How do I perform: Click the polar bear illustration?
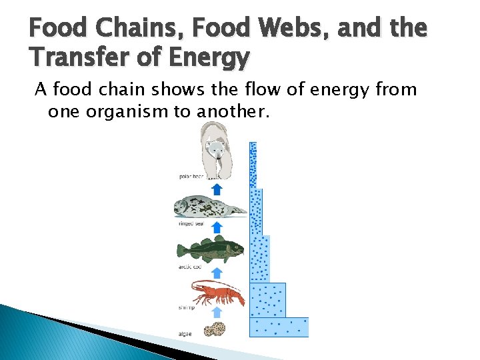coord(217,151)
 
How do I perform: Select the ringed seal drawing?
coord(209,207)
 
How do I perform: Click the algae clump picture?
coord(214,329)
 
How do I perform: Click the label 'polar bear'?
coord(191,177)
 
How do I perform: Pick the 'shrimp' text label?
coord(187,308)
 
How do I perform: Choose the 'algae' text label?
coord(186,333)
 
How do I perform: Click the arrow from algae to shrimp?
coord(216,312)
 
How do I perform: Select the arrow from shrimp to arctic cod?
coord(216,272)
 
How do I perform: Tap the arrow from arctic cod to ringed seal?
coord(216,228)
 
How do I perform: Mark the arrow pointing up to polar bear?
coord(216,189)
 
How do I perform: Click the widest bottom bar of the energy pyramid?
coord(279,327)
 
